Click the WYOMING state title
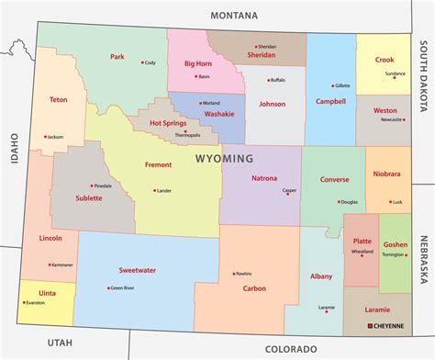(224, 159)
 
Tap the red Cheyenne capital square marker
(370, 325)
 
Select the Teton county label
(58, 99)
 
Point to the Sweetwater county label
(137, 270)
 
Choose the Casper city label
(289, 191)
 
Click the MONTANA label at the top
(234, 16)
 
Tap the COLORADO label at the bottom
(290, 349)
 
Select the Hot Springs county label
(169, 122)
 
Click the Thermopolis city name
(187, 135)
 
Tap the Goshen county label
(396, 244)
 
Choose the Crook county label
(385, 60)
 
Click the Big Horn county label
(199, 64)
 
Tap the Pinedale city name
(103, 186)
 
